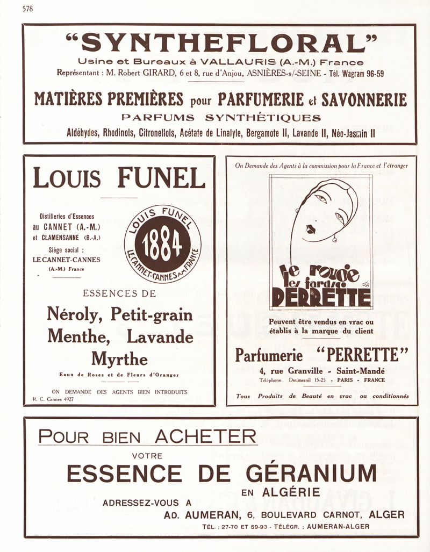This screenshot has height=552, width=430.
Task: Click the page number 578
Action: [x=28, y=9]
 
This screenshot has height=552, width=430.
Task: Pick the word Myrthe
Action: [x=119, y=358]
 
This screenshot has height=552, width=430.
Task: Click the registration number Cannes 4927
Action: [x=58, y=399]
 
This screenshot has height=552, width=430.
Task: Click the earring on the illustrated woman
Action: [x=335, y=239]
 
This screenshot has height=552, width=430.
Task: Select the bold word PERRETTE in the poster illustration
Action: [x=321, y=297]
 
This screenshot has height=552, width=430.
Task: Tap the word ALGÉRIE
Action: [x=291, y=491]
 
